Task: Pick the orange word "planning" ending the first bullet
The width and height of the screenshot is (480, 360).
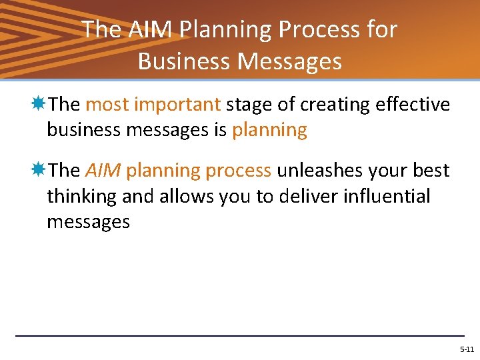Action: [269, 130]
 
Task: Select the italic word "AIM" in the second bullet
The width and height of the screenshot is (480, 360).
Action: [103, 171]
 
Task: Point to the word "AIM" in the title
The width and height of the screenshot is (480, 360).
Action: [148, 29]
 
